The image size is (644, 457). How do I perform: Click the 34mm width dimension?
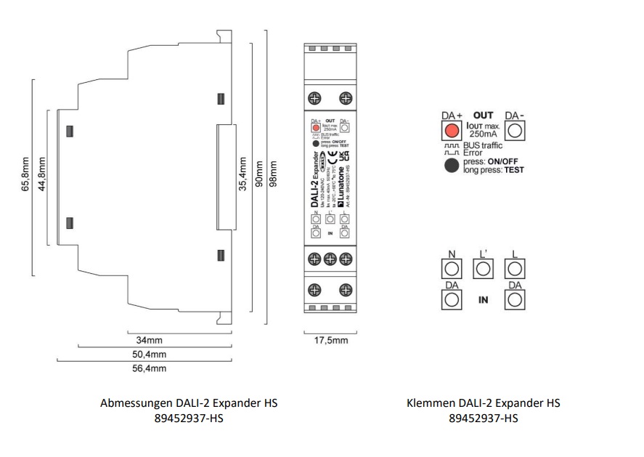(149, 339)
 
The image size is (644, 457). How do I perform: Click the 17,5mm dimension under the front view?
(330, 339)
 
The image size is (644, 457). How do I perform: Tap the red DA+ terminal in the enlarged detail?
(451, 130)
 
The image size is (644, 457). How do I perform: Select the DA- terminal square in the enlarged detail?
(515, 130)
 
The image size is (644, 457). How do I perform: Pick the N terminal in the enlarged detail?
(451, 268)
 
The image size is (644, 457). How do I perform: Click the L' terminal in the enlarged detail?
(483, 268)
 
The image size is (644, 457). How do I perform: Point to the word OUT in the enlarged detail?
(483, 115)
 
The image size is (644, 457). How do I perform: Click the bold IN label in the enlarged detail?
(483, 299)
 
